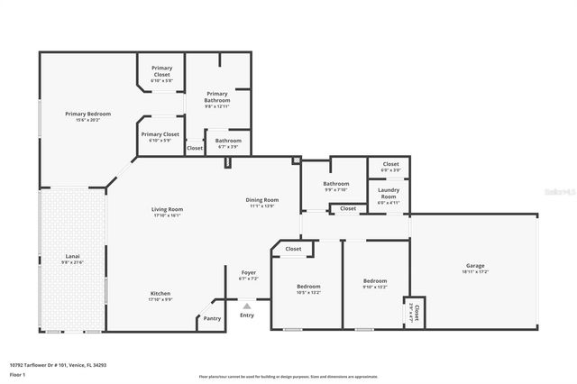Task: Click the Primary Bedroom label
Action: [x=87, y=114]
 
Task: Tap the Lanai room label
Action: [x=72, y=257]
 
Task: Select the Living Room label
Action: [x=167, y=209]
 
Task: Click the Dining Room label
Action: [x=261, y=199]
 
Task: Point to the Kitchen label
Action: [x=160, y=294]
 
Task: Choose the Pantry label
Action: [x=212, y=318]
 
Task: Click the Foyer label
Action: [x=248, y=272]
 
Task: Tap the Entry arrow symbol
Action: [x=247, y=306]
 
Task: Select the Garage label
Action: [x=475, y=266]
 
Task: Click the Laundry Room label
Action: [x=389, y=192]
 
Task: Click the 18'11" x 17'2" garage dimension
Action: [x=475, y=271]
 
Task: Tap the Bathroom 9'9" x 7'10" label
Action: [x=335, y=184]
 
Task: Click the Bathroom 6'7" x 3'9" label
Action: [x=228, y=141]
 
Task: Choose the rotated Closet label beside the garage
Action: [x=414, y=313]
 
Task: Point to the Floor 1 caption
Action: [x=17, y=374]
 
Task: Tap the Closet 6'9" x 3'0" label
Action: [x=390, y=164]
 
